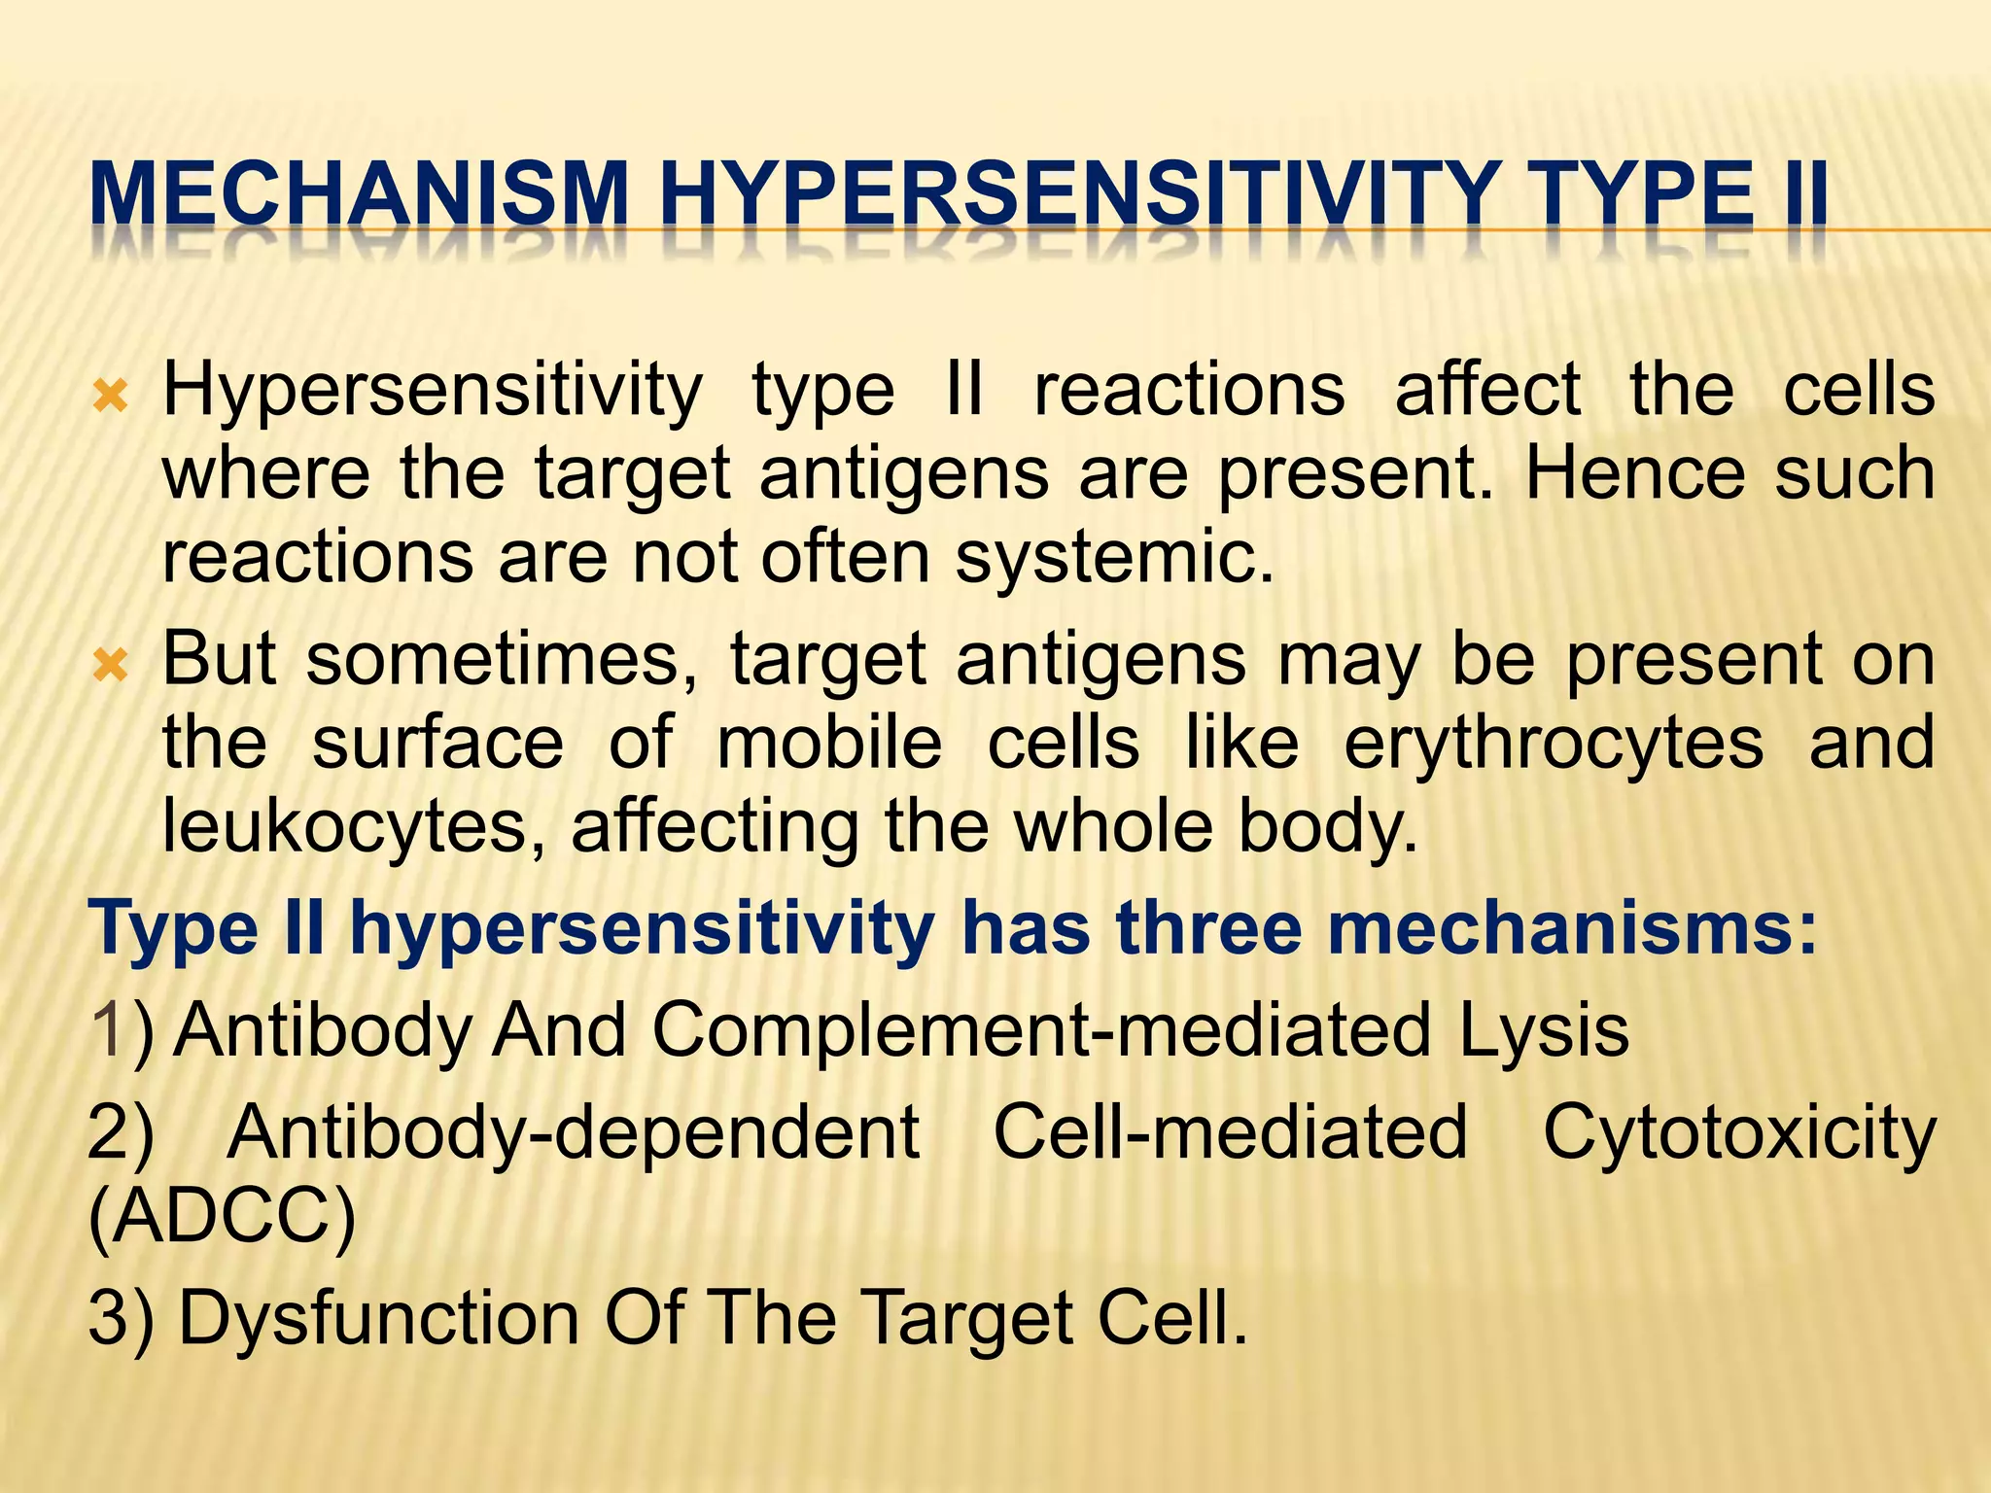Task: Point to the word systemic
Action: point(1114,559)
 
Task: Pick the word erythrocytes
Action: point(1554,744)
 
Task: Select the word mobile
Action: point(829,744)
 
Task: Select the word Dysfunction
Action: point(379,1318)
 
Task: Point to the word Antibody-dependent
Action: point(574,1133)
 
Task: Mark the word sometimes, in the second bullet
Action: point(502,661)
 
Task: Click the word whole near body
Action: point(1114,827)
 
